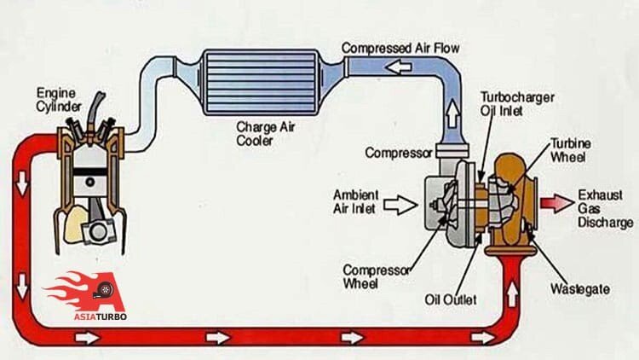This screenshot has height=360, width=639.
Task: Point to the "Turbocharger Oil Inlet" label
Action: coord(516,105)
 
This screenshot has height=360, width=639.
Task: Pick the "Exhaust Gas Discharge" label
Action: coord(600,208)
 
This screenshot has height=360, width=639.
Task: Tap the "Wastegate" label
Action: coord(579,289)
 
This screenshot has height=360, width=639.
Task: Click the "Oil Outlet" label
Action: coord(450,300)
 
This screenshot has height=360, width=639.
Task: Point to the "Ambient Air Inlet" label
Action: coord(356,202)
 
